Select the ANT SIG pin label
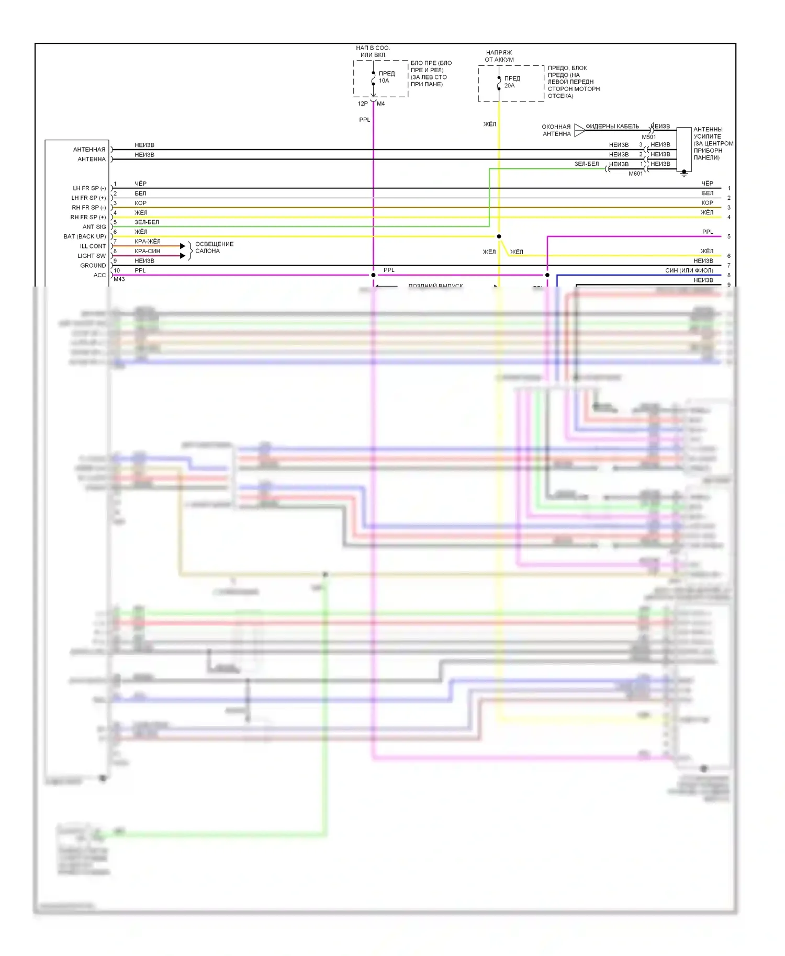tap(94, 227)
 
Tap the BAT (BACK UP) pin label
tap(85, 236)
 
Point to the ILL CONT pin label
tap(93, 246)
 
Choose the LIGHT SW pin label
tap(92, 256)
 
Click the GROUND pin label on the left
tap(93, 266)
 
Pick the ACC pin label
tap(99, 275)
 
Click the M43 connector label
tap(119, 279)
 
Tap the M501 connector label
tap(648, 137)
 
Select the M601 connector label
tap(635, 174)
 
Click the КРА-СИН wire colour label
tap(147, 251)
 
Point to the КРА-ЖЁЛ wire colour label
tap(147, 242)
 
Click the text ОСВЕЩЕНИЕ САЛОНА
tap(214, 247)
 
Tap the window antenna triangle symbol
tap(579, 130)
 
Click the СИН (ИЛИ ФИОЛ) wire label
tap(689, 270)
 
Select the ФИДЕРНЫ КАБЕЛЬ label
tap(612, 127)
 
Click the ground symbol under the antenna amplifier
tap(684, 173)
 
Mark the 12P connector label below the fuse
tap(363, 104)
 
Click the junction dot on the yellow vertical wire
tap(499, 236)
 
